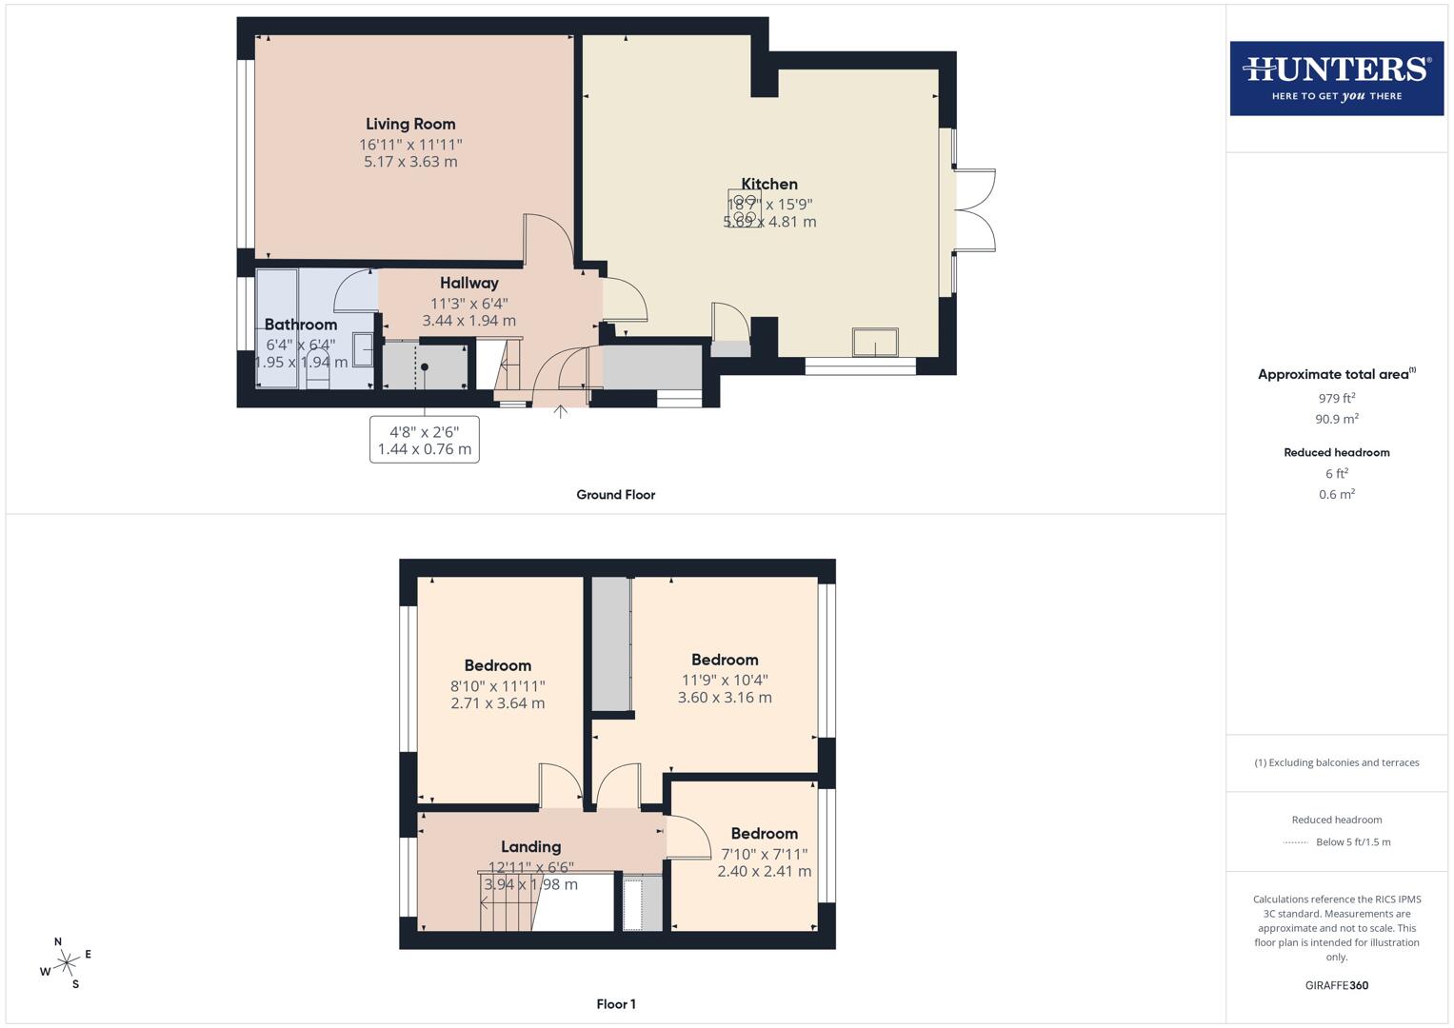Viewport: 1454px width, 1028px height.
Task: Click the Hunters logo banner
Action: click(x=1336, y=78)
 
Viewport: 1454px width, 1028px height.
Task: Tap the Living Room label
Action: click(x=410, y=124)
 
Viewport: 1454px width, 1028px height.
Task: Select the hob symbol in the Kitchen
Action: click(x=745, y=208)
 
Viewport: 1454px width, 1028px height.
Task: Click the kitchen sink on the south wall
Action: click(x=875, y=343)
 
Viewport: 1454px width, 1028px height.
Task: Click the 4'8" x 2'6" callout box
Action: click(x=425, y=440)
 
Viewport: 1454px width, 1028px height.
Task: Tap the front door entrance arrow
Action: click(x=561, y=411)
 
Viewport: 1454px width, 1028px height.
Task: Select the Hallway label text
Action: click(x=468, y=283)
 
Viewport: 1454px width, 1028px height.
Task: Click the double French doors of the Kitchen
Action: click(x=975, y=210)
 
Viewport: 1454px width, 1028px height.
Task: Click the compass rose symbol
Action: click(x=66, y=963)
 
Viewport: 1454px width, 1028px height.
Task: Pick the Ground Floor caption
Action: click(x=615, y=495)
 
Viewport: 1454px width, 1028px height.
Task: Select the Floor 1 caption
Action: click(x=615, y=1004)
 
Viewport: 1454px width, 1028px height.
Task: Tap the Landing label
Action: click(x=530, y=846)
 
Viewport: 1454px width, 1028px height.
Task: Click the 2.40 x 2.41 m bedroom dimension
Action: click(x=764, y=871)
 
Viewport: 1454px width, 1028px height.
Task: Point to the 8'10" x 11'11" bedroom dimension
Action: click(x=497, y=685)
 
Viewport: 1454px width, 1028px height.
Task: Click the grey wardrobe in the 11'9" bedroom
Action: click(x=611, y=643)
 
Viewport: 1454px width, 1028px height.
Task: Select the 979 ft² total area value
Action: click(x=1336, y=398)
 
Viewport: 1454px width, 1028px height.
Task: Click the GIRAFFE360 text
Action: click(x=1336, y=985)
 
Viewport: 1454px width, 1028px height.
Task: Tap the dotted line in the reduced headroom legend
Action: click(x=1296, y=842)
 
